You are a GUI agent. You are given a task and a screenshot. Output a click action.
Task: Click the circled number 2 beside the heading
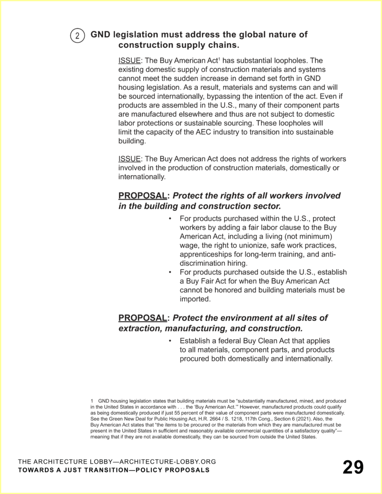coord(78,36)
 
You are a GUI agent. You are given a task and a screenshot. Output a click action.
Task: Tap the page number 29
coord(353,467)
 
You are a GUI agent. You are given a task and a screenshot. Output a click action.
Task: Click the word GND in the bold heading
coord(101,35)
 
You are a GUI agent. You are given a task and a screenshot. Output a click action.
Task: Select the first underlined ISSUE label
coord(129,61)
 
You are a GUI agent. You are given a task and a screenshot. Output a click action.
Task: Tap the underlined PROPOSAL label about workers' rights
coord(142,196)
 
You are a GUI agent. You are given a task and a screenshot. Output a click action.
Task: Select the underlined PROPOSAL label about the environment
coord(142,318)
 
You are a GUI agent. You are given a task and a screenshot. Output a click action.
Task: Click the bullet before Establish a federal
coord(170,341)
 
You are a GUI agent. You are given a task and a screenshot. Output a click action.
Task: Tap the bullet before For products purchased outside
coord(170,273)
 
